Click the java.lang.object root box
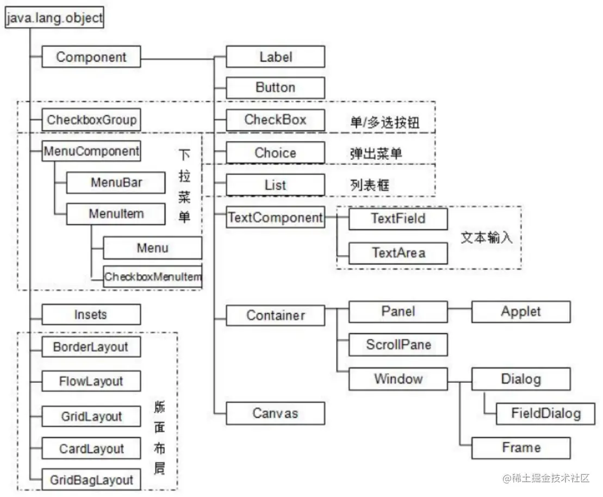point(54,18)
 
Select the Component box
point(91,57)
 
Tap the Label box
point(275,57)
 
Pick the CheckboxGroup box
point(91,120)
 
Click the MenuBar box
point(115,183)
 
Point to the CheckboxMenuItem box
point(153,277)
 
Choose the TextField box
point(397,219)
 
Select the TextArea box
point(397,253)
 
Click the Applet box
point(520,312)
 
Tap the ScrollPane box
point(397,345)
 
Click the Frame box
point(520,448)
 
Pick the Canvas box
point(275,413)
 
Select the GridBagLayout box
point(91,480)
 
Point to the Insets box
point(91,314)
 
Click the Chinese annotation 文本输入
point(486,238)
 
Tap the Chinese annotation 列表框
point(370,185)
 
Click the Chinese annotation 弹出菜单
point(376,153)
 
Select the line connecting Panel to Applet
point(459,312)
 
